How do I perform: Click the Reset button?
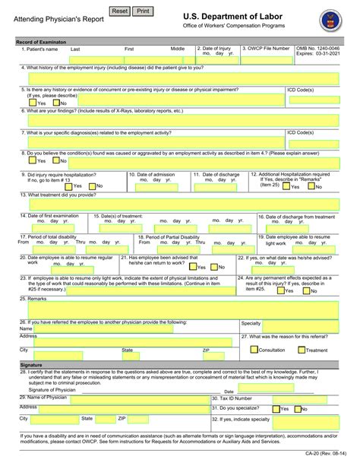[x=120, y=11]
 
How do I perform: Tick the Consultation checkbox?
[x=254, y=350]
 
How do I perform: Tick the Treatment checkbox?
[x=301, y=350]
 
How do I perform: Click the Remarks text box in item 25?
[x=180, y=309]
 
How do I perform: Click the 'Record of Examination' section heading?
[x=42, y=40]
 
